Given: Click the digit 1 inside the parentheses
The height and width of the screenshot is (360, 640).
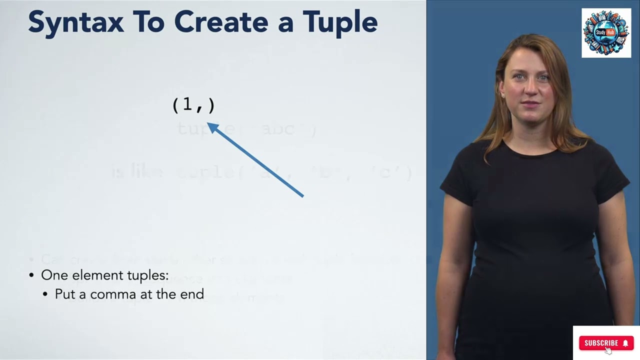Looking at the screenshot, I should point(187,104).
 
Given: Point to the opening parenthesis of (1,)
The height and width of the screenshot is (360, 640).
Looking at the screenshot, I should point(175,105).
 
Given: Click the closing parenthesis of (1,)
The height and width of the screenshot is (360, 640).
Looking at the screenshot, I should point(211,105).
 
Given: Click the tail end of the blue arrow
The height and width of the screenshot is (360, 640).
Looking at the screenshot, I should point(302,196).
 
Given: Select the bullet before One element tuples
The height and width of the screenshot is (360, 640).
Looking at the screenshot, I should point(31,275).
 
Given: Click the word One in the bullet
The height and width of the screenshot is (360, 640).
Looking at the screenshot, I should point(54,275).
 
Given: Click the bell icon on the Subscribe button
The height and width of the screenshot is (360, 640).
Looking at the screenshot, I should point(625,343).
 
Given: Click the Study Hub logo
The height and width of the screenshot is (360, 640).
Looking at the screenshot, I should point(606,33).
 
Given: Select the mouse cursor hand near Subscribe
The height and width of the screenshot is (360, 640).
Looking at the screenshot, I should point(608,350).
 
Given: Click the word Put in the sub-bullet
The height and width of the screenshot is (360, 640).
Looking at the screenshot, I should point(64,294).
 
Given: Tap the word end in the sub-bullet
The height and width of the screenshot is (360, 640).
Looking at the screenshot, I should point(192,294).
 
